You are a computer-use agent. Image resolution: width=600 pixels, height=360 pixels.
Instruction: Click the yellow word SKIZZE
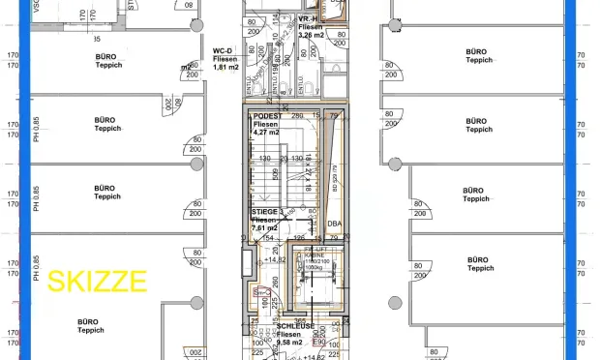(x=98, y=282)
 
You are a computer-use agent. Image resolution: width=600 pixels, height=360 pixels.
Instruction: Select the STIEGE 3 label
(x=268, y=210)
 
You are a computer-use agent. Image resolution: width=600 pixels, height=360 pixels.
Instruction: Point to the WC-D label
(x=224, y=49)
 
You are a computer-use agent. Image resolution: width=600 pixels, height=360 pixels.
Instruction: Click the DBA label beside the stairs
(x=335, y=224)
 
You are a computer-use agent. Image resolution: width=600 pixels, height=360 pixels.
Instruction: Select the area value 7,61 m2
(x=265, y=227)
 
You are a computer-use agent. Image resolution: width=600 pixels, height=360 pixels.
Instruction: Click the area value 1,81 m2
(x=226, y=67)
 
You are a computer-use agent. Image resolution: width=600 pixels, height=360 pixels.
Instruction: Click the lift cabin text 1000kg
(x=315, y=268)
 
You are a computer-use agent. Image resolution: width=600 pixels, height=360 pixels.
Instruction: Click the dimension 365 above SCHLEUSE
(x=300, y=320)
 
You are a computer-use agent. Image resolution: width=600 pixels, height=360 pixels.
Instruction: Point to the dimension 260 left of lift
(x=276, y=283)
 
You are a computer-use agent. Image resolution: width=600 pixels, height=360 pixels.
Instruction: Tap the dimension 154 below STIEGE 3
(x=268, y=237)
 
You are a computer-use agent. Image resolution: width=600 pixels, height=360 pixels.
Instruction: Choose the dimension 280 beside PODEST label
(x=298, y=115)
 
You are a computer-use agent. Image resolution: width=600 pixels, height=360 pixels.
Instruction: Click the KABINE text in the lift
(x=315, y=256)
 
